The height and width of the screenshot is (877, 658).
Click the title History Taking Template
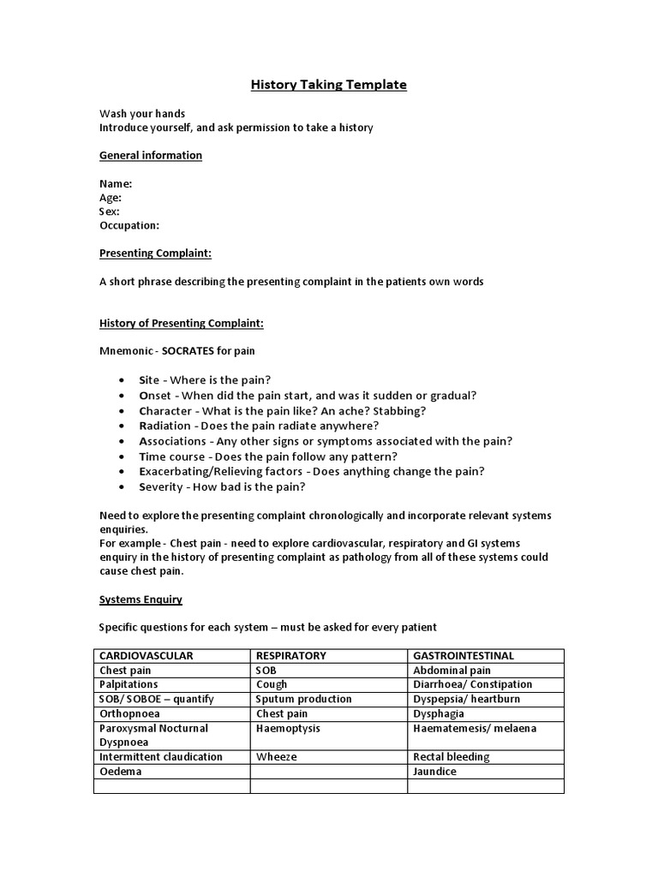click(328, 85)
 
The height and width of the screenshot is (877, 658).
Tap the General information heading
click(151, 155)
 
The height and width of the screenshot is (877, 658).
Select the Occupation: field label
click(129, 225)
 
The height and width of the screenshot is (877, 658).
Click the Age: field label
click(111, 197)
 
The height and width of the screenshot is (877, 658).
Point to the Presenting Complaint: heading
click(155, 254)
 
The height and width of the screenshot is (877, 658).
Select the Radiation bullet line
click(259, 426)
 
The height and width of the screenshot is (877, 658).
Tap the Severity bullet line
click(223, 486)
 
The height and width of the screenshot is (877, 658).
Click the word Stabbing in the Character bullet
click(398, 410)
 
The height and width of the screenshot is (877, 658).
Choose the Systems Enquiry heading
click(141, 600)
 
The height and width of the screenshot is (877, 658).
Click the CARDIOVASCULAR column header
click(147, 655)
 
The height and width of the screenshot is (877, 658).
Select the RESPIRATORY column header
click(291, 655)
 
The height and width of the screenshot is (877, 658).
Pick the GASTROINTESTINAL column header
click(464, 655)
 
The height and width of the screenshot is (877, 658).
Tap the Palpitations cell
click(129, 684)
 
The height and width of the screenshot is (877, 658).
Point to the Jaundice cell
click(434, 772)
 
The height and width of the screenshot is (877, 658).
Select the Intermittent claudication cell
click(161, 757)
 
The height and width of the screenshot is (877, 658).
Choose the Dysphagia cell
click(439, 713)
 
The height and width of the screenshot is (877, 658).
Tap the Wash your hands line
click(142, 113)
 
